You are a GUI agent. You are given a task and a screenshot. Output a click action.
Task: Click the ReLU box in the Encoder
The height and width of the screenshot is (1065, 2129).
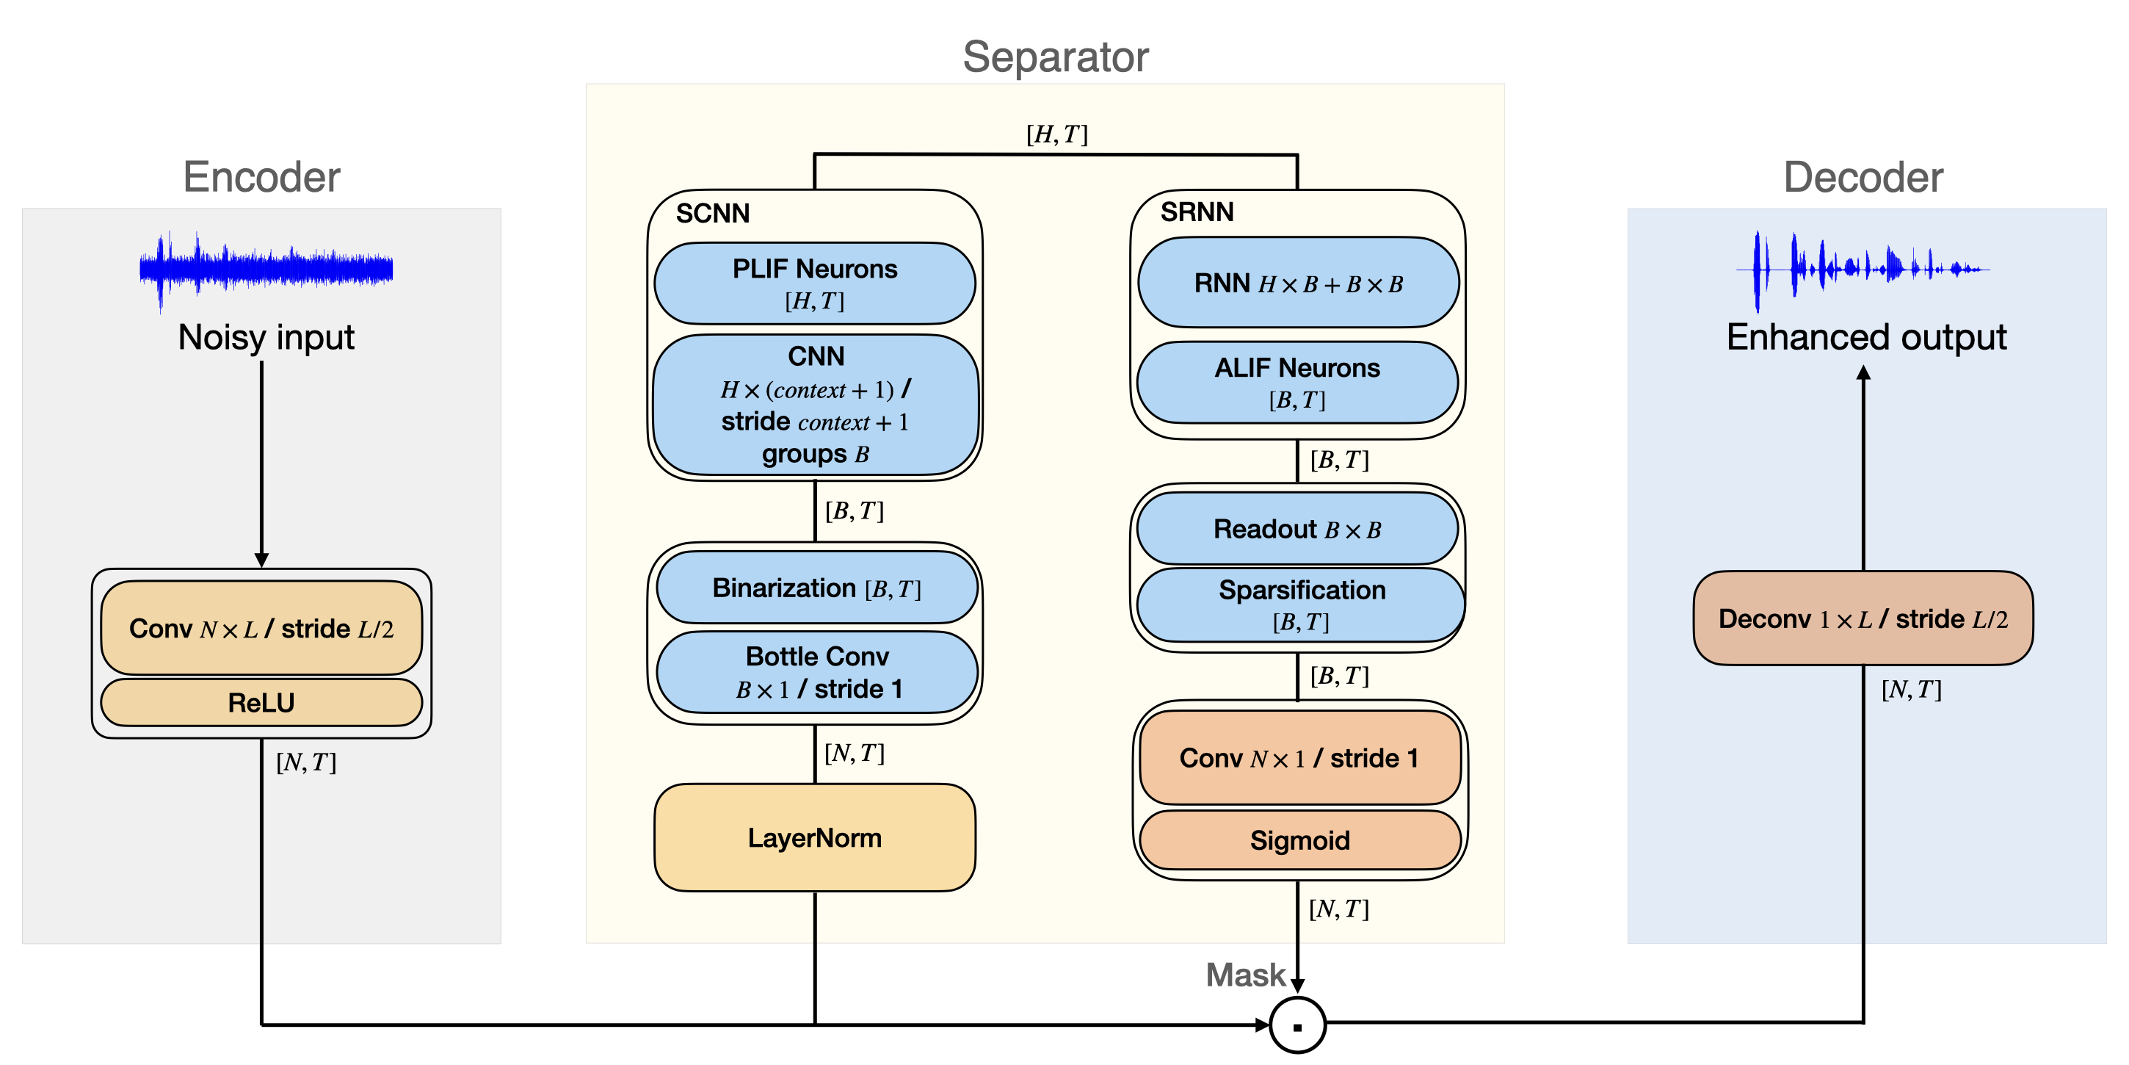click(261, 703)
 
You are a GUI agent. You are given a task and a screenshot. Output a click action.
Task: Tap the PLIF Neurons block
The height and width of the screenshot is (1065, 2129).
click(814, 283)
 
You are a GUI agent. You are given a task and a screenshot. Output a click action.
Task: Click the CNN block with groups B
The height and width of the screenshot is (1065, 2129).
click(815, 405)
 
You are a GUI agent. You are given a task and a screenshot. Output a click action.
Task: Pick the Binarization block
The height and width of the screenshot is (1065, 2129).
click(816, 588)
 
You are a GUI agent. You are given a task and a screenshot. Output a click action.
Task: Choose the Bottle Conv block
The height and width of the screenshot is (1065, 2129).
click(816, 672)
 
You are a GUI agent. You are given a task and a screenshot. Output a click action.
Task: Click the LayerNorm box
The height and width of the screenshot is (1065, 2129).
click(814, 837)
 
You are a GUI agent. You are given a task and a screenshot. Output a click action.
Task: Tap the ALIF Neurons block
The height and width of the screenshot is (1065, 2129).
click(1296, 382)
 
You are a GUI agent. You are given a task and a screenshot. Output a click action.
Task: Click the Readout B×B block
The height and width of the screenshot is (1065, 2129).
click(1296, 529)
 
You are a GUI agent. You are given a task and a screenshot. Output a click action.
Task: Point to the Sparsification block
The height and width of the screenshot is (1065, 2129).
click(1300, 604)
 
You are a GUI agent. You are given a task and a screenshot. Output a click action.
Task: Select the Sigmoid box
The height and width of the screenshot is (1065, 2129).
click(1299, 840)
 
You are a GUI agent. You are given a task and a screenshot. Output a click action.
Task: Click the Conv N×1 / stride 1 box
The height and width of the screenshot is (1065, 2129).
click(1299, 757)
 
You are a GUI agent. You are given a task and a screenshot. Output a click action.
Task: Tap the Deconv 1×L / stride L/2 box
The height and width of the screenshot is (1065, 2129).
click(1863, 618)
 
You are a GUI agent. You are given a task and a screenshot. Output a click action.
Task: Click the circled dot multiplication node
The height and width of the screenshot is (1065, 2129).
click(1297, 1026)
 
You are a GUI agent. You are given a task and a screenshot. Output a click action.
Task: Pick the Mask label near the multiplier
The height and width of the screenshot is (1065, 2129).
click(1244, 975)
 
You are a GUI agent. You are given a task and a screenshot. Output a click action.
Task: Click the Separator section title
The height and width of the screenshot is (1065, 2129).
click(1056, 57)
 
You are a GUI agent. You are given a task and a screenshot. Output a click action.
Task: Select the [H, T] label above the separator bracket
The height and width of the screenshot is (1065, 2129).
click(1056, 134)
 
